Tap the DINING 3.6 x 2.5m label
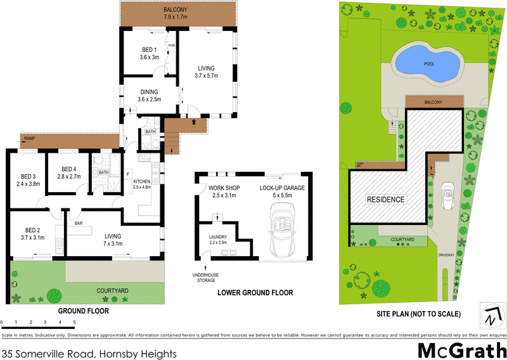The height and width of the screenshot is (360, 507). click(x=150, y=95)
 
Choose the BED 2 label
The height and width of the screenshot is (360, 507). click(x=32, y=233)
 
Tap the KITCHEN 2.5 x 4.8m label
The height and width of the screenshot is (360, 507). click(x=142, y=184)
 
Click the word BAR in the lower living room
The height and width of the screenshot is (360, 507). click(x=79, y=223)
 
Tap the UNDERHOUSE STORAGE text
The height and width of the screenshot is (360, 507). click(x=205, y=276)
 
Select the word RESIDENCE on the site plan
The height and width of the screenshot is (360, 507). click(x=386, y=199)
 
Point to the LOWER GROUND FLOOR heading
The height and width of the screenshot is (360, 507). click(x=255, y=293)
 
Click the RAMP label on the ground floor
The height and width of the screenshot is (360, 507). click(x=29, y=138)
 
